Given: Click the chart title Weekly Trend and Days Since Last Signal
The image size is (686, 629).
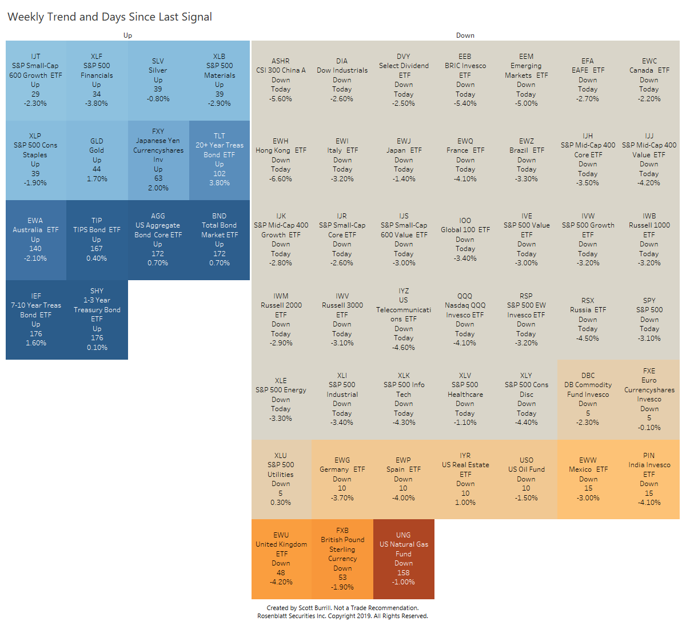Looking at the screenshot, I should click(110, 17).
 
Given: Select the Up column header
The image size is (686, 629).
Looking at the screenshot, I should click(127, 35).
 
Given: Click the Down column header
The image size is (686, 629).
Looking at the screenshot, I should click(465, 35).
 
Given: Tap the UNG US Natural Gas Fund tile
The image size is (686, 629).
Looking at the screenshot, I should click(404, 559).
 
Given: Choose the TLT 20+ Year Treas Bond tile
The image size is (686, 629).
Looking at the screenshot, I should click(220, 160).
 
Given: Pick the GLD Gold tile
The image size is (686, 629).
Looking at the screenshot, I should click(97, 160).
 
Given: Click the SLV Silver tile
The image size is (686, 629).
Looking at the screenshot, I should click(158, 80).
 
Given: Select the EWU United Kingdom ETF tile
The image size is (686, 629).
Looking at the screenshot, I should click(281, 559).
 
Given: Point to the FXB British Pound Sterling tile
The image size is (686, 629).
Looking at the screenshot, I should click(342, 559).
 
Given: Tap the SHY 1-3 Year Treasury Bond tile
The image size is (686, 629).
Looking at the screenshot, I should click(97, 319).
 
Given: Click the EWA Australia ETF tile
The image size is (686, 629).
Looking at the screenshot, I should click(35, 240).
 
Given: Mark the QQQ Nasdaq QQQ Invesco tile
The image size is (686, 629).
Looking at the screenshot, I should click(465, 319).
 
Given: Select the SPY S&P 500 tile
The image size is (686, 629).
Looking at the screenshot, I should click(649, 319).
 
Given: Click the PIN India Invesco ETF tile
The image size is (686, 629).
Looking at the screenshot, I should click(649, 479).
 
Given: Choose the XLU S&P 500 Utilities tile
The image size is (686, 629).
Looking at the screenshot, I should click(281, 479).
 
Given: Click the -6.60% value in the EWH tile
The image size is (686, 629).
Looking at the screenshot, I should click(281, 179).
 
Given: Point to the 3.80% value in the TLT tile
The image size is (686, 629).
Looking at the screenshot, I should click(220, 183).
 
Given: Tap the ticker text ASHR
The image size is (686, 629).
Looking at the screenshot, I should click(281, 61).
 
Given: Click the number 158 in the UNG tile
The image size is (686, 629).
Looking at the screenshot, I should click(404, 572).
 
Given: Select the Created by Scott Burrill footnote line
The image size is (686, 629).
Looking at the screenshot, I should click(342, 608).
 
